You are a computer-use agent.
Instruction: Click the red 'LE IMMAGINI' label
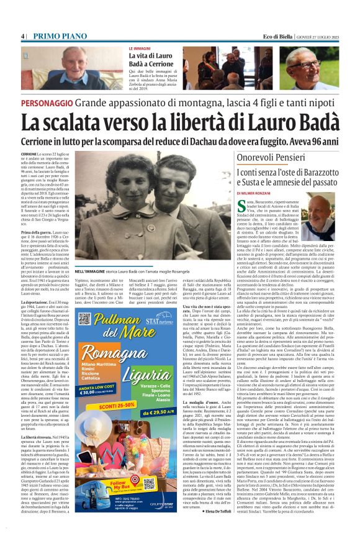[x=139, y=48]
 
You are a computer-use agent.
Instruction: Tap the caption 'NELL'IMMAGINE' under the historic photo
[x=94, y=271]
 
